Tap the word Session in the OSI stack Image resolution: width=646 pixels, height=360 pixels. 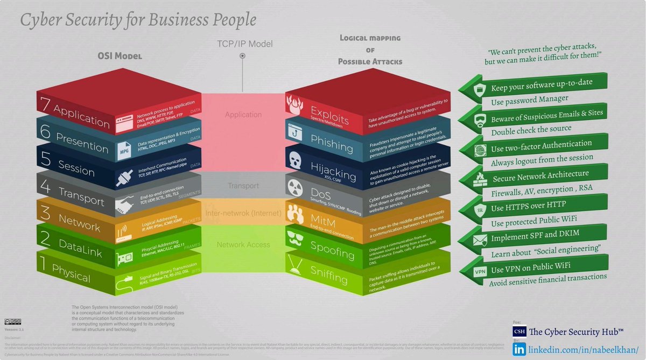[x=76, y=170]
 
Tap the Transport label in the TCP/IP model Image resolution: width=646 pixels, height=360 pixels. [x=243, y=186]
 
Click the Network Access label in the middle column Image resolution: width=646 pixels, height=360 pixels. [x=243, y=245]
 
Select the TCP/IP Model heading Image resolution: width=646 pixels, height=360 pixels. [x=244, y=44]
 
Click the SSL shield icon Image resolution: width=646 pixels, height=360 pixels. [x=479, y=210]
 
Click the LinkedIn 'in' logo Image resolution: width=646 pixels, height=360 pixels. [x=519, y=349]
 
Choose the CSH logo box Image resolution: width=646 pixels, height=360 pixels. [x=519, y=330]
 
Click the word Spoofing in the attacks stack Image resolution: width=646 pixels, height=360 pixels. [x=332, y=250]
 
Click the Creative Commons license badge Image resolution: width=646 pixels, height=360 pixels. [x=11, y=322]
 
